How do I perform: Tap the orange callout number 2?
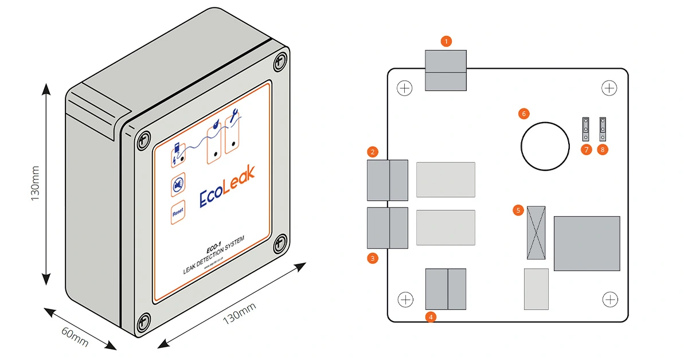point(373,152)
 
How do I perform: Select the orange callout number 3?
point(373,258)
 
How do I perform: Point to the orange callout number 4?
point(431,316)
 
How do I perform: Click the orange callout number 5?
point(518,210)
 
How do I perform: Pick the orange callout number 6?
point(523,114)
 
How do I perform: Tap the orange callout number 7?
point(585,150)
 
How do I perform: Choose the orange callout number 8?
point(602,150)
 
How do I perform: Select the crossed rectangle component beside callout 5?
point(536,233)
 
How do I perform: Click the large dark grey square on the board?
point(587,243)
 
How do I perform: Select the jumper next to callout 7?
point(586,129)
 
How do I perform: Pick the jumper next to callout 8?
point(603,129)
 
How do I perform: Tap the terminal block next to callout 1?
point(445,70)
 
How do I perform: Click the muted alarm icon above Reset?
point(178,185)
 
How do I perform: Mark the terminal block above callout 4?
point(445,289)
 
